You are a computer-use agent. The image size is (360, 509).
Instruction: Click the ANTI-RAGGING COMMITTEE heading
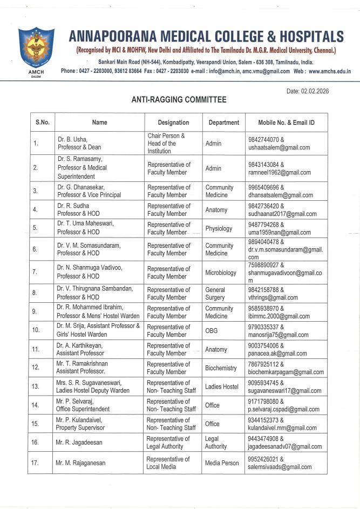tap(179, 100)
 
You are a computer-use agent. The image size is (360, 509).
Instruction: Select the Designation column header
tap(173, 123)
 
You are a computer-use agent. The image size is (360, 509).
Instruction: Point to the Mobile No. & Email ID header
tap(286, 123)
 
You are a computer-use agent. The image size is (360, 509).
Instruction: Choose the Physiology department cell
tap(219, 228)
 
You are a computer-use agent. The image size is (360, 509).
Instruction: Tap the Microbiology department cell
tap(221, 273)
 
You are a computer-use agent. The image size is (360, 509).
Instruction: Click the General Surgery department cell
tap(215, 293)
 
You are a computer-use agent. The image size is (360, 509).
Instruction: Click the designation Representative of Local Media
tap(168, 463)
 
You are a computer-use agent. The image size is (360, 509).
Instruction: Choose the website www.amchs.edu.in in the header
tap(329, 71)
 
